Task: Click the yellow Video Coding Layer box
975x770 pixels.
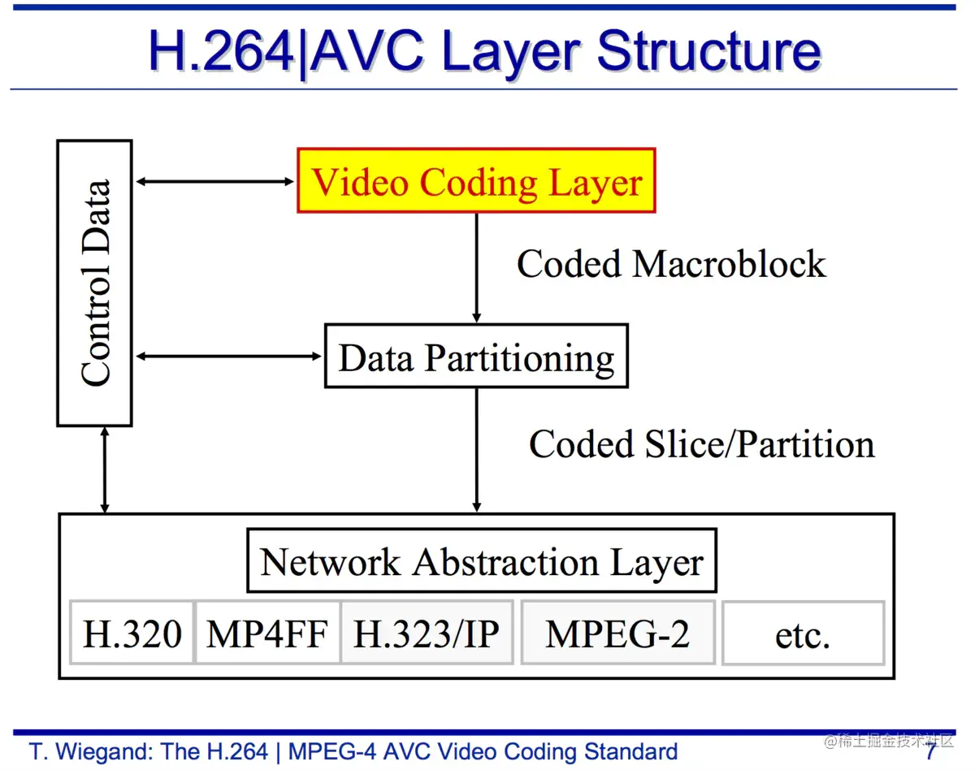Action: coord(476,180)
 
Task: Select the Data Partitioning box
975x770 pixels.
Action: coord(476,356)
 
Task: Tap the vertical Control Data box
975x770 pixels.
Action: coord(94,283)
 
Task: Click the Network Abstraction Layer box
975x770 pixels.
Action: coord(481,560)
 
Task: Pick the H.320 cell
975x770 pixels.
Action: coord(132,633)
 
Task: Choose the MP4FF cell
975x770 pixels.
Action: coord(266,633)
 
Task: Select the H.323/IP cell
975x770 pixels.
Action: coord(427,633)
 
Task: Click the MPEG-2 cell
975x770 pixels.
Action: coord(617,633)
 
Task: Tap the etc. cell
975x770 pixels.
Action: coord(802,633)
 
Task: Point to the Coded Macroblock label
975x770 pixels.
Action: coord(670,264)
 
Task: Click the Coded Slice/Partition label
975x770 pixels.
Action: coord(701,444)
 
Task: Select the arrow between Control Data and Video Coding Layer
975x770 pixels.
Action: coord(215,181)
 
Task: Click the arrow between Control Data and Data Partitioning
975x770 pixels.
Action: coord(228,356)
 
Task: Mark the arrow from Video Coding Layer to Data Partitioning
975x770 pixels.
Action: coord(476,268)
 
